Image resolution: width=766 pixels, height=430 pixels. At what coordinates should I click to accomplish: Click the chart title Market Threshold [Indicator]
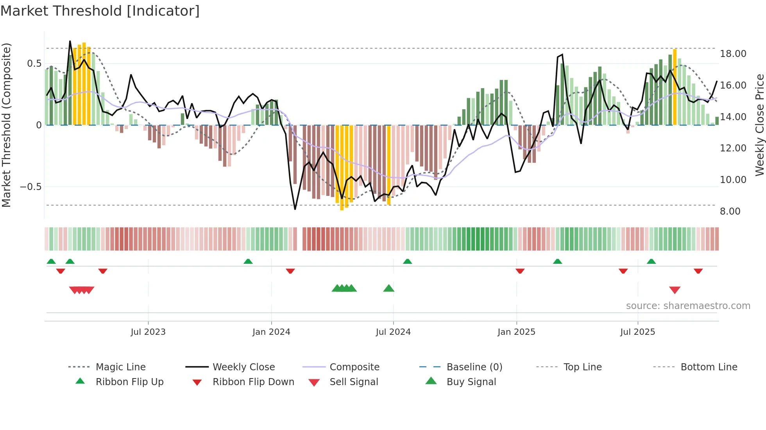point(100,11)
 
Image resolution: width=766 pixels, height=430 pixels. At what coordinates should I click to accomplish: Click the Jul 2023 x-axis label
point(148,332)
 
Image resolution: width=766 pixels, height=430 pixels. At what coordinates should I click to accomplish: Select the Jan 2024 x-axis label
point(271,332)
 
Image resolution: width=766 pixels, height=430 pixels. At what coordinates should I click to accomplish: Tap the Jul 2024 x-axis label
point(393,332)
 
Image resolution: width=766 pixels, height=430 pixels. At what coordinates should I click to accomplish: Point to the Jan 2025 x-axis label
point(516,332)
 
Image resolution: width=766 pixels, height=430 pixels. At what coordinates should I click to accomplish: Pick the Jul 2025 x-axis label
point(637,332)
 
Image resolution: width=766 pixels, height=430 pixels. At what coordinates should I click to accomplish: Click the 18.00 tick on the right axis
point(733,54)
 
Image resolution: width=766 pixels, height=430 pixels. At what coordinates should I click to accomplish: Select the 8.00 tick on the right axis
point(730,211)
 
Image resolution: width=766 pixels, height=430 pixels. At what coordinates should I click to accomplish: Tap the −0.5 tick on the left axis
point(31,187)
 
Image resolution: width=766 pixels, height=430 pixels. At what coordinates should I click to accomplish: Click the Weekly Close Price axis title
point(759,125)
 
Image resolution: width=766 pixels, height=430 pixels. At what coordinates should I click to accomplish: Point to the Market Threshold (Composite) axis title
point(6,125)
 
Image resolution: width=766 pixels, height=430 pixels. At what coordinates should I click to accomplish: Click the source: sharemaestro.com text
point(688,306)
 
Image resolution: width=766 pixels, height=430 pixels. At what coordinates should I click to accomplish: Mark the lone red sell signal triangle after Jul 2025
point(675,290)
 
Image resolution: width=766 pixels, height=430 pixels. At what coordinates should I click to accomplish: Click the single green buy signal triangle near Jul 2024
point(388,288)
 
